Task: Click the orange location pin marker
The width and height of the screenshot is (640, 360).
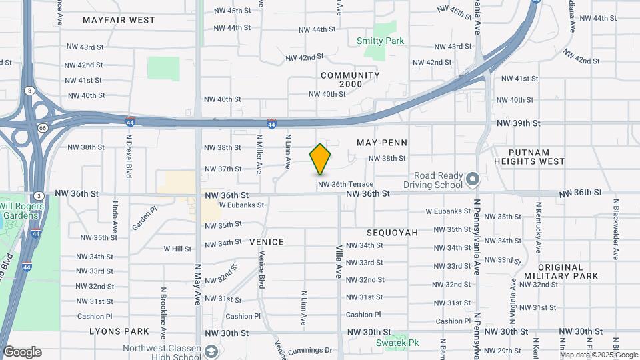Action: (321, 159)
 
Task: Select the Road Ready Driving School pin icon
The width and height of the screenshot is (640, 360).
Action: (473, 179)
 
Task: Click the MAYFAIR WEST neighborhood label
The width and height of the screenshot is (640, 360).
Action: (119, 20)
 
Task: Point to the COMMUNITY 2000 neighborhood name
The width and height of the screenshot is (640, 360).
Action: (350, 79)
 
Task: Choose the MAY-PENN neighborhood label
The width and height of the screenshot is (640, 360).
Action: (382, 143)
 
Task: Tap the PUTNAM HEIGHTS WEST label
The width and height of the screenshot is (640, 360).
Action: (527, 156)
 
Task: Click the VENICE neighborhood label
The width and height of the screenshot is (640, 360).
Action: (267, 242)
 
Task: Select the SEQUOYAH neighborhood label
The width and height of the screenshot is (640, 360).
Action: (392, 233)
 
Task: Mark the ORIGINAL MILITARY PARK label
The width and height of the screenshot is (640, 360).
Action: (561, 271)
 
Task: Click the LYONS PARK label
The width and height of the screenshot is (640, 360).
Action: (119, 331)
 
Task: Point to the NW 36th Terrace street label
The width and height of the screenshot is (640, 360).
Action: (345, 184)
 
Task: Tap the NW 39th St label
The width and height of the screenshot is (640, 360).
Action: (517, 123)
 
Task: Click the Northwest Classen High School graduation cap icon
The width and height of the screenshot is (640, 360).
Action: (211, 351)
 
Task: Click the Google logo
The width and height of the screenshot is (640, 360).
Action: (22, 351)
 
